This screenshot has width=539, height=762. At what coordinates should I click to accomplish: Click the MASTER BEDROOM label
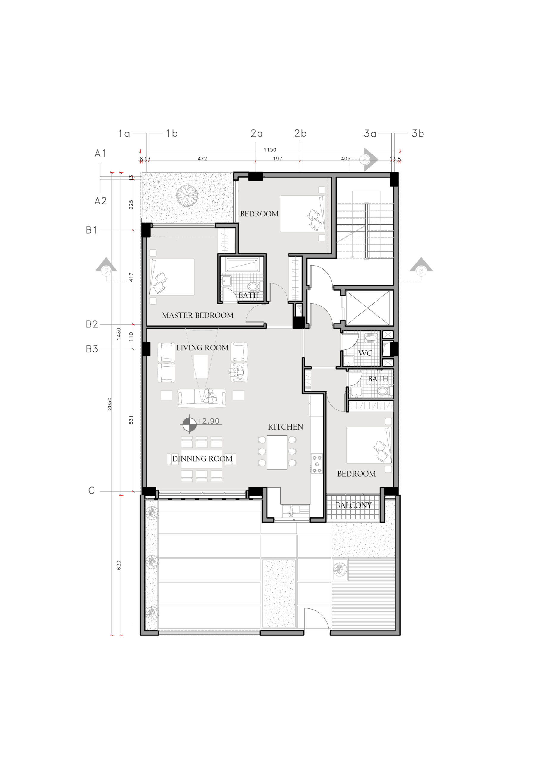pos(198,315)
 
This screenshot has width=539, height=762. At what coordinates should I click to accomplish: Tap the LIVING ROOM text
pos(202,348)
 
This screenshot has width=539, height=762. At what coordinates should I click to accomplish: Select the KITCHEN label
pos(286,427)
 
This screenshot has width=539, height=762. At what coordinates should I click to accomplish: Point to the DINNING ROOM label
pos(202,459)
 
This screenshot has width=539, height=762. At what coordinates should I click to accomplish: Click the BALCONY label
pos(353,505)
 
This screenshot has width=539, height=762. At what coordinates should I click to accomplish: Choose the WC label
pos(365,353)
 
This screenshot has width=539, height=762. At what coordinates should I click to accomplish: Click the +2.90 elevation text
pos(208,421)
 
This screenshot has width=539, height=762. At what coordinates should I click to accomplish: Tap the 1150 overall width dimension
pos(270,150)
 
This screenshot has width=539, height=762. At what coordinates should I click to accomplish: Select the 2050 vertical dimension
pos(110,404)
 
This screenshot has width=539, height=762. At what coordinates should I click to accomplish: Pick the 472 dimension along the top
pos(202,159)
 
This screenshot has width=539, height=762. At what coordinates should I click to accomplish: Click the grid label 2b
pos(300,133)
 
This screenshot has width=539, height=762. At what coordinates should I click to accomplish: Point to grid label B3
pos(92,349)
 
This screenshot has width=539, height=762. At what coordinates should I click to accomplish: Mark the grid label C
pos(91,491)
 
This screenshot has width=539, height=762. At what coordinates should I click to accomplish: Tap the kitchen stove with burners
pos(317,464)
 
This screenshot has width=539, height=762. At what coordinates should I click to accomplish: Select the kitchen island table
pos(277,452)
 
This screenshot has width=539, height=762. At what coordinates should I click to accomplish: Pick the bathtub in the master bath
pos(242,265)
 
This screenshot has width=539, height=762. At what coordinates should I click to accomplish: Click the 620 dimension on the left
pos(119,565)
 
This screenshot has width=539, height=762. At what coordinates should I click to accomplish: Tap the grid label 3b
pos(418,133)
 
